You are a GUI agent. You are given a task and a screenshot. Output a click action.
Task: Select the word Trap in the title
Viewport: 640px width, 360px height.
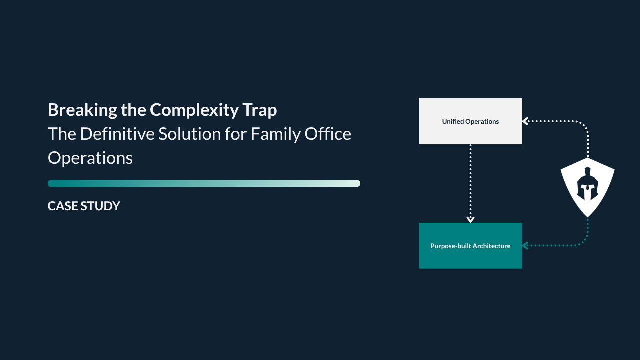(261, 110)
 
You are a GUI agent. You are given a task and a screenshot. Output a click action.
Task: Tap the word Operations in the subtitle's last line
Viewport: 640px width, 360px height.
(90, 158)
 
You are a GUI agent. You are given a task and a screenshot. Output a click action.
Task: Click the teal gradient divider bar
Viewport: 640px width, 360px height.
(204, 183)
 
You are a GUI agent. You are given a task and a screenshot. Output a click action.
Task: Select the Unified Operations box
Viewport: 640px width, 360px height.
(470, 121)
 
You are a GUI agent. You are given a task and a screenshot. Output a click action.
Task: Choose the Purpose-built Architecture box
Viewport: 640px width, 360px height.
(470, 246)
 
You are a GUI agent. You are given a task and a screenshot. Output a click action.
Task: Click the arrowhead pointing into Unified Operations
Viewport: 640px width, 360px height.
(525, 121)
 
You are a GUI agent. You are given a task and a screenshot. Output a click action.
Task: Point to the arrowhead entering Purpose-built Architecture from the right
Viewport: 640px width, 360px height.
(525, 246)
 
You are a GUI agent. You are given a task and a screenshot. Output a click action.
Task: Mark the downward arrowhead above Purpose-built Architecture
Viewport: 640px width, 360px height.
(470, 219)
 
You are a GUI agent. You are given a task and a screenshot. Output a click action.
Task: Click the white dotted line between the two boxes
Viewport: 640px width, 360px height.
(470, 180)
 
